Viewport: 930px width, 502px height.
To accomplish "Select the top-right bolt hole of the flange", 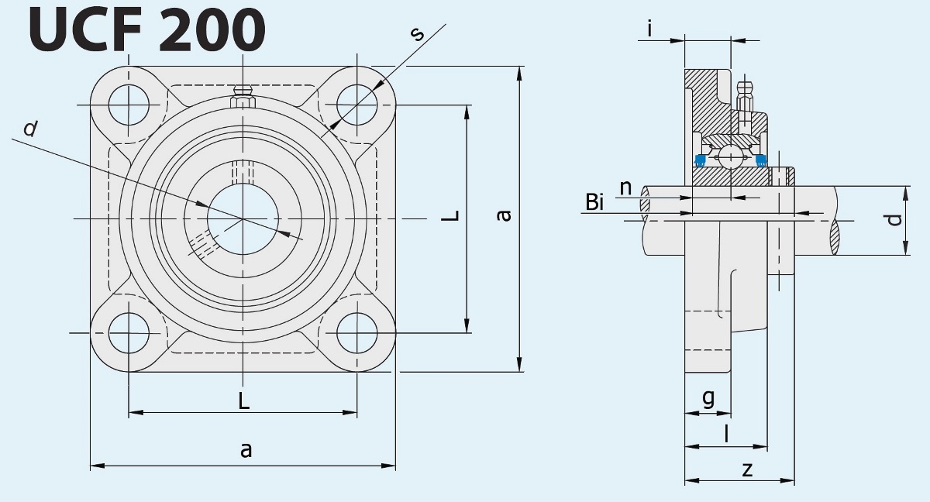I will [357, 105].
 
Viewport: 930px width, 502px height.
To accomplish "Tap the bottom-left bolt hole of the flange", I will [129, 333].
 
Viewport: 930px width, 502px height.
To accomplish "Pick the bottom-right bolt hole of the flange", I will [357, 333].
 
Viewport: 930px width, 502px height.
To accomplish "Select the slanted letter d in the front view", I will [30, 129].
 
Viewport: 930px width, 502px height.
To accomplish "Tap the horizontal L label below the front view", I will [243, 401].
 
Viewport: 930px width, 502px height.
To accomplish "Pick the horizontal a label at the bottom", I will [246, 450].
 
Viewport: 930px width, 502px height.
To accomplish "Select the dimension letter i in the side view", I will [649, 29].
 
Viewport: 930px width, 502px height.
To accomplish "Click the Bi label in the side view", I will [594, 203].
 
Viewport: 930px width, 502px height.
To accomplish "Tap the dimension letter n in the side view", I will [625, 187].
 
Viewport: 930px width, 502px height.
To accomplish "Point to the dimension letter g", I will [708, 398].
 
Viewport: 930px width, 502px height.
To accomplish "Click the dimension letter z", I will [747, 469].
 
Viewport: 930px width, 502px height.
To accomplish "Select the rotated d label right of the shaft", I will [895, 220].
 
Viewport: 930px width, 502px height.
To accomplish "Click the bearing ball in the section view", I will [731, 157].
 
